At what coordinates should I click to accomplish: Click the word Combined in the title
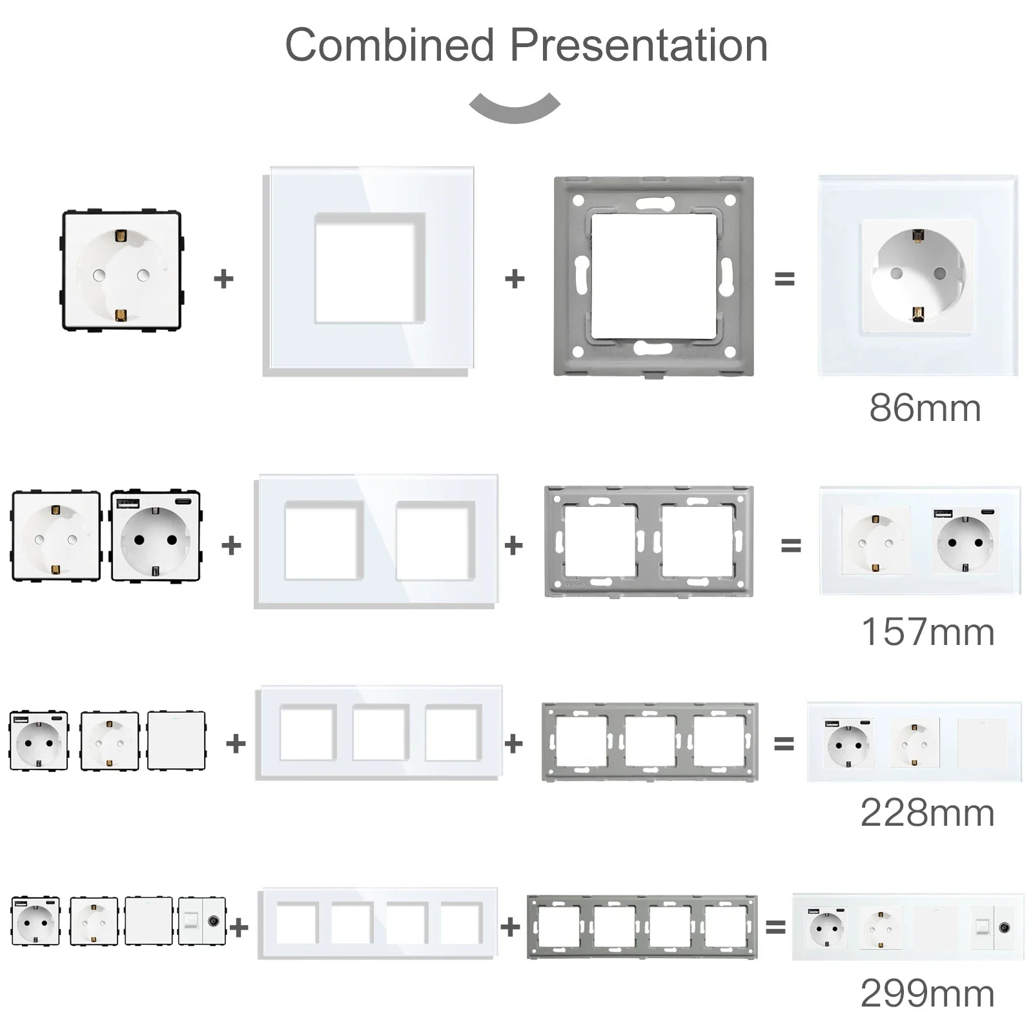click(389, 45)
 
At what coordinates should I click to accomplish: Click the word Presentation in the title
click(639, 46)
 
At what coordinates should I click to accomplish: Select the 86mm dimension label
click(925, 408)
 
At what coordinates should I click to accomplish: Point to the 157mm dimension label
click(928, 632)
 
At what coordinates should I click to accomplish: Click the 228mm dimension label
click(927, 813)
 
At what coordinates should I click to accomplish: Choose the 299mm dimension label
click(927, 994)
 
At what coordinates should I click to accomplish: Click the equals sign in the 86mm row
click(784, 279)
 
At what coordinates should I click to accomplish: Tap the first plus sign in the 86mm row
click(223, 279)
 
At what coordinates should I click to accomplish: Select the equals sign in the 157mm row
click(791, 546)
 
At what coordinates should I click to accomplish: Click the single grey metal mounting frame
click(653, 276)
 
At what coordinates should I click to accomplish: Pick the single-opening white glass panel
click(368, 272)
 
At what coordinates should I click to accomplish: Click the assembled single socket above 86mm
click(918, 275)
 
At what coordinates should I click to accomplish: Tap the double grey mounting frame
click(649, 542)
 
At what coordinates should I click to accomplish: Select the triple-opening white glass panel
click(379, 733)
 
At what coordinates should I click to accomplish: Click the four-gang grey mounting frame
click(642, 927)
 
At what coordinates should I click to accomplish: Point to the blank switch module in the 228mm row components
click(176, 741)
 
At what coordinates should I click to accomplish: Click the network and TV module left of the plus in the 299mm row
click(202, 921)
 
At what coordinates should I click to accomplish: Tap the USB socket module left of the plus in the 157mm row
click(156, 536)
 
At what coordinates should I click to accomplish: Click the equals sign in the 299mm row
click(775, 928)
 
